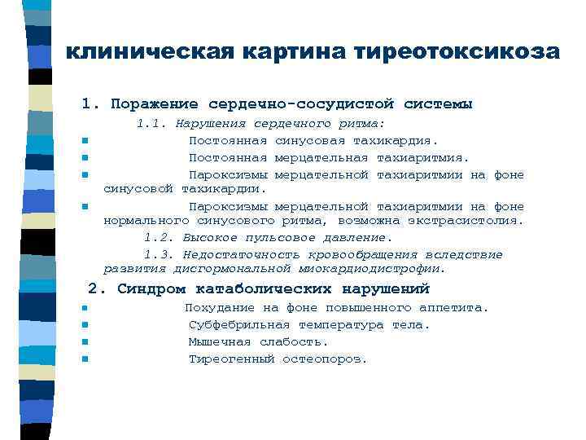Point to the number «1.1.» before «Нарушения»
(x=151, y=124)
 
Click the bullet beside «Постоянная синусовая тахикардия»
(x=84, y=141)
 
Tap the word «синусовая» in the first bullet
(x=288, y=140)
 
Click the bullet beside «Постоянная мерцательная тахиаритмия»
(x=84, y=157)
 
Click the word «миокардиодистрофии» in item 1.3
(x=370, y=268)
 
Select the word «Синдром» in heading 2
(x=146, y=288)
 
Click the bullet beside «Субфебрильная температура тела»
(x=84, y=325)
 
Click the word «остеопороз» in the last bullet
(x=324, y=359)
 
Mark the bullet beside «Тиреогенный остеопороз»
(x=84, y=359)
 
